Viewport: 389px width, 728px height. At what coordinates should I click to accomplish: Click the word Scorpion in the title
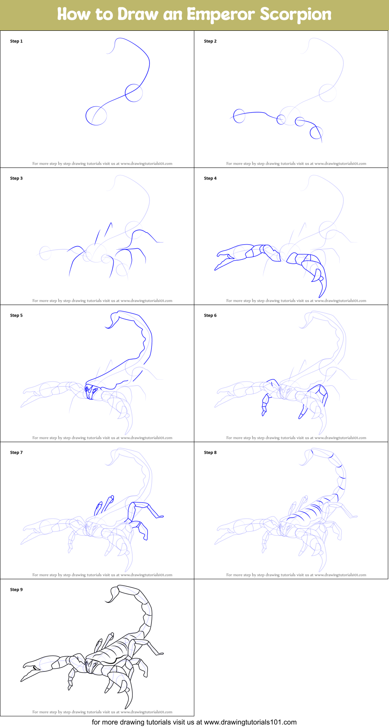tap(296, 14)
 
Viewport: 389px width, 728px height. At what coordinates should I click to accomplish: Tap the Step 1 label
tap(16, 41)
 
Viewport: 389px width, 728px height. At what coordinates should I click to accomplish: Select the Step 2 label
tap(210, 41)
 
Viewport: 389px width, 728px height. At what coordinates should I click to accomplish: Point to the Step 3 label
tap(16, 178)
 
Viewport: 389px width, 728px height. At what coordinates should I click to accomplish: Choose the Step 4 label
tap(210, 178)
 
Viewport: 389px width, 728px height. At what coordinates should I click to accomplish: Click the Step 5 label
tap(16, 316)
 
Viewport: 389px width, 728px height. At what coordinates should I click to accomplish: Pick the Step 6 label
tap(210, 316)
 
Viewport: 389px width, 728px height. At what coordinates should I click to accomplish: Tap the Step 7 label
tap(16, 453)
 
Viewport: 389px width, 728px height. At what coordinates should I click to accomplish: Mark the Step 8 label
tap(210, 453)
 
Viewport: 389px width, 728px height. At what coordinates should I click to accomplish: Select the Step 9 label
tap(16, 590)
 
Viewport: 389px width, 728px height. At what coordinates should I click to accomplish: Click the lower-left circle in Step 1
tap(96, 116)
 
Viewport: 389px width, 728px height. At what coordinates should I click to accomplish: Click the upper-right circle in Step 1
tap(134, 93)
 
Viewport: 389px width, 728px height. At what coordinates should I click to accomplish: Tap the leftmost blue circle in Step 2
tap(239, 116)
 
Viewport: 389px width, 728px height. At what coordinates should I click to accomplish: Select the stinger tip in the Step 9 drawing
tap(106, 601)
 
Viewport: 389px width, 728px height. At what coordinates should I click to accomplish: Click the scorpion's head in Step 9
tap(92, 665)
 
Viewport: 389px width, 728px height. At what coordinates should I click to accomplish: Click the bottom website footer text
tap(194, 722)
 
